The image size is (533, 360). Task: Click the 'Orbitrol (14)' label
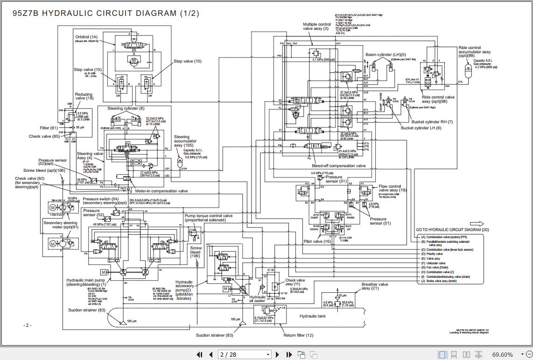pyautogui.click(x=86, y=37)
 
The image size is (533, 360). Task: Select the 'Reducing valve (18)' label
pyautogui.click(x=84, y=96)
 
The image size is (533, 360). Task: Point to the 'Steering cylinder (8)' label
pyautogui.click(x=123, y=109)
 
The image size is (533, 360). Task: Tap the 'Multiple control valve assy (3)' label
pyautogui.click(x=316, y=27)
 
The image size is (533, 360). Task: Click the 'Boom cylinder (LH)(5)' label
pyautogui.click(x=386, y=55)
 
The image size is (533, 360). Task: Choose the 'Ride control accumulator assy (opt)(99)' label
pyautogui.click(x=475, y=52)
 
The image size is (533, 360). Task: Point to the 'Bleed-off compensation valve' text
pyautogui.click(x=339, y=166)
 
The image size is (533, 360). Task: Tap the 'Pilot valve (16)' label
pyautogui.click(x=317, y=241)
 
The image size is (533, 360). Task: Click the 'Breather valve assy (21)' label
pyautogui.click(x=374, y=286)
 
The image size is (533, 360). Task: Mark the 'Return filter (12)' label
pyautogui.click(x=298, y=335)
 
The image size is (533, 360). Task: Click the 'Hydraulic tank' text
pyautogui.click(x=313, y=316)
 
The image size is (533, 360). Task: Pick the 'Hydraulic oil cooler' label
pyautogui.click(x=257, y=299)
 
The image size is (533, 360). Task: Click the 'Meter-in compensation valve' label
pyautogui.click(x=161, y=191)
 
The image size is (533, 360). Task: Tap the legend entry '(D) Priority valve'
pyautogui.click(x=434, y=254)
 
